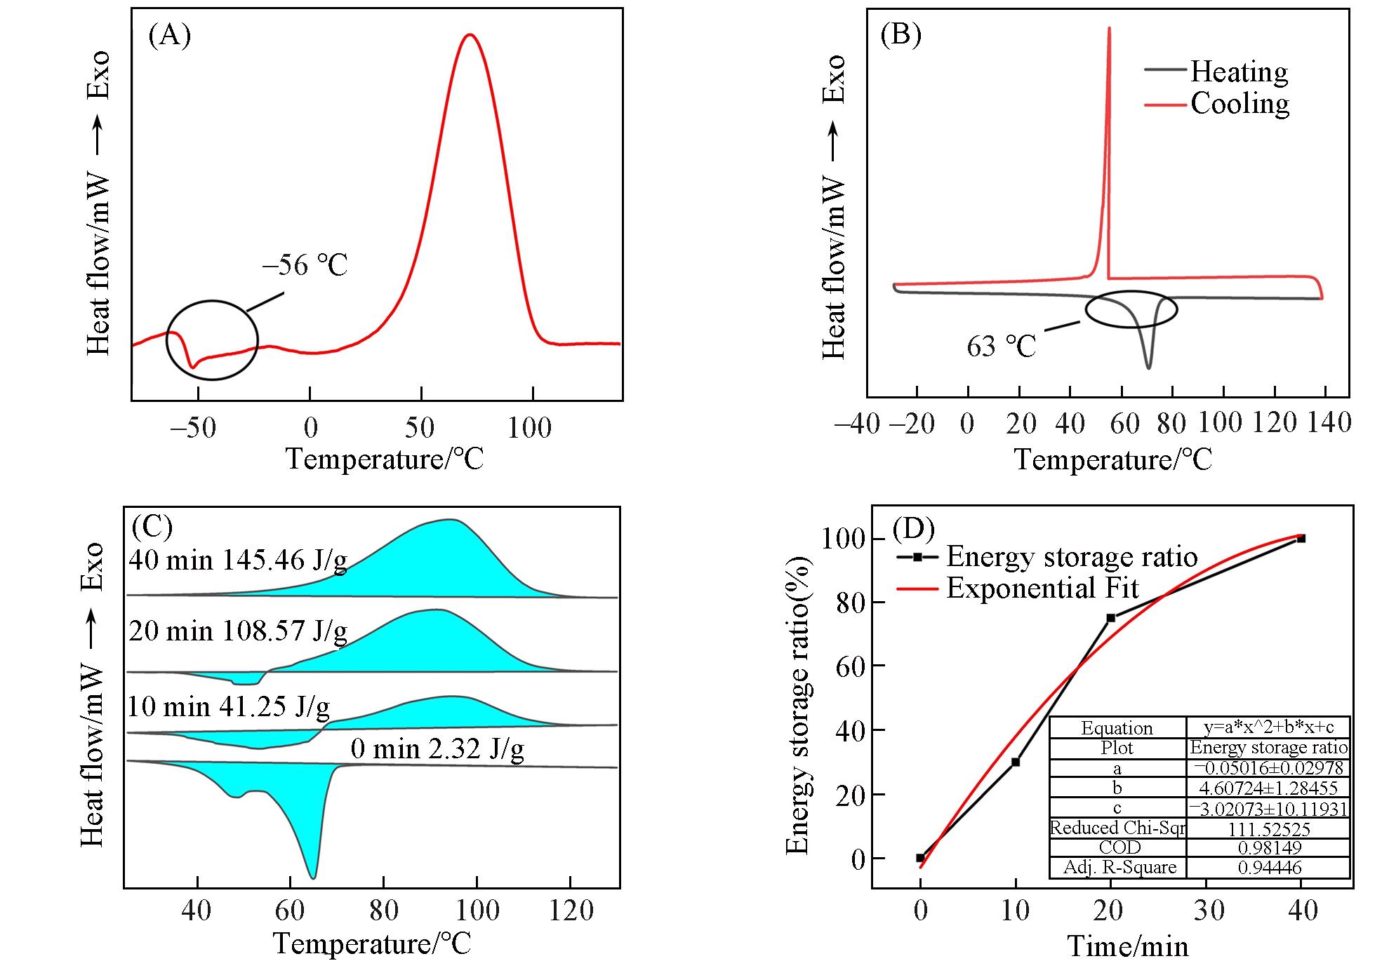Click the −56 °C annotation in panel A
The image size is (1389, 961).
click(x=305, y=266)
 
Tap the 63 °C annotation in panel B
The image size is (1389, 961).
click(x=1001, y=347)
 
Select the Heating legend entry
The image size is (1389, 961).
click(x=1239, y=72)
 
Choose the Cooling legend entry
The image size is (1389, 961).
click(x=1240, y=104)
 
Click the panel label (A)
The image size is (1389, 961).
click(x=169, y=34)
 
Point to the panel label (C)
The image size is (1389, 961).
click(x=152, y=526)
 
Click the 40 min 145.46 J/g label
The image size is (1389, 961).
click(x=238, y=560)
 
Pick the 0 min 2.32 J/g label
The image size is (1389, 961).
click(x=437, y=749)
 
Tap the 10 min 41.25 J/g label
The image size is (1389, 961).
click(x=229, y=706)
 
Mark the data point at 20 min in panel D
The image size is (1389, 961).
click(x=1111, y=618)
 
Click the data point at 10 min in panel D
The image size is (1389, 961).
click(x=1016, y=762)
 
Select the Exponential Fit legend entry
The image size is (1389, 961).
click(x=1042, y=588)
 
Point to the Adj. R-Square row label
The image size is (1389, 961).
click(x=1119, y=868)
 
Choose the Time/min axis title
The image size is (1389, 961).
click(x=1127, y=947)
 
